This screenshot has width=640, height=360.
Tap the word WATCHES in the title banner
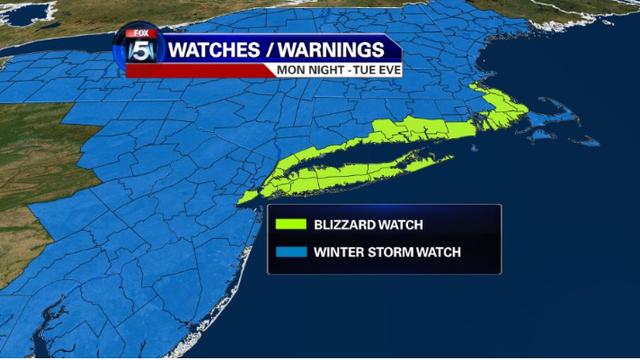(207, 49)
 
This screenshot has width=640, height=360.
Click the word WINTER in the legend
(339, 252)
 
